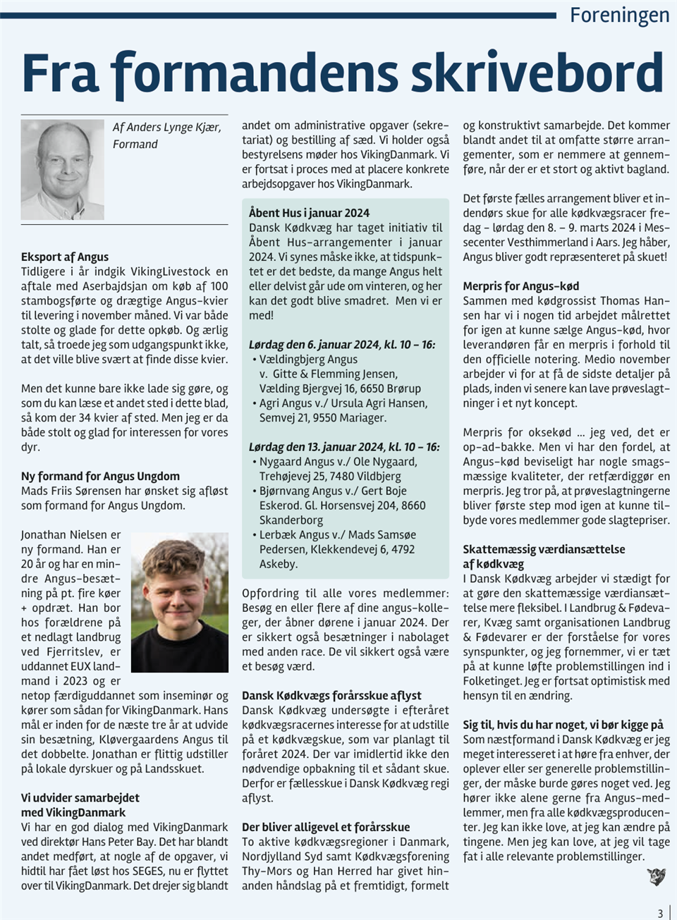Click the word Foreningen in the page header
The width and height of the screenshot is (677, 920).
pos(619,15)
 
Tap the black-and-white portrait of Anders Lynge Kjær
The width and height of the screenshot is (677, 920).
pos(63,169)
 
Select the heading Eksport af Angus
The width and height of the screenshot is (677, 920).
pos(65,257)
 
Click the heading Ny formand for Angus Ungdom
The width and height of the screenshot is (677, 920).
pos(100,476)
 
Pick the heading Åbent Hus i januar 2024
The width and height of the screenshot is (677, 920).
pos(309,213)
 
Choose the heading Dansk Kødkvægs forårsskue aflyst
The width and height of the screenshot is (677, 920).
pos(331,695)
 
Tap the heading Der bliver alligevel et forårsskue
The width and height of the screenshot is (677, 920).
pos(326,827)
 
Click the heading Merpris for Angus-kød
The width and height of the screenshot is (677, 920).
pos(521,286)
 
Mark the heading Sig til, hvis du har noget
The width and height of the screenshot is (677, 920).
pos(563,725)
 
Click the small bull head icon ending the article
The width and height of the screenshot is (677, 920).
pos(656,876)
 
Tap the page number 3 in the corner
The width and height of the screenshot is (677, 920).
pos(660,913)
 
